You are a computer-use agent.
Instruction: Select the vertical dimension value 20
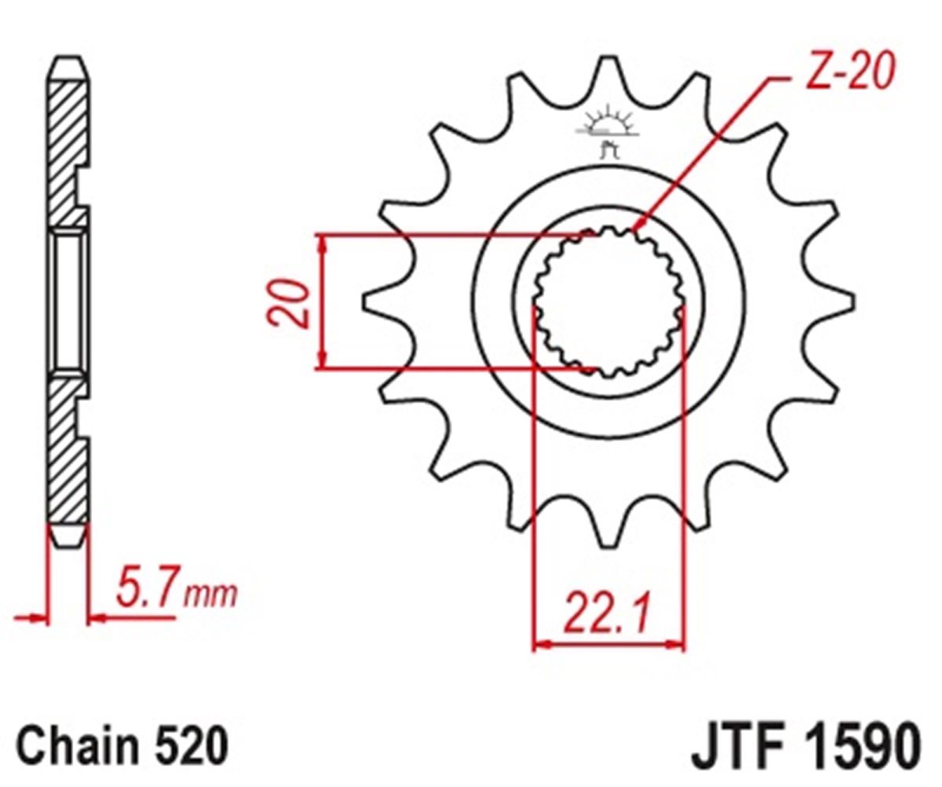[x=288, y=302]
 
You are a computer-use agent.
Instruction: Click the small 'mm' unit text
[x=210, y=596]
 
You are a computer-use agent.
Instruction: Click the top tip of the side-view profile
[x=68, y=58]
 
